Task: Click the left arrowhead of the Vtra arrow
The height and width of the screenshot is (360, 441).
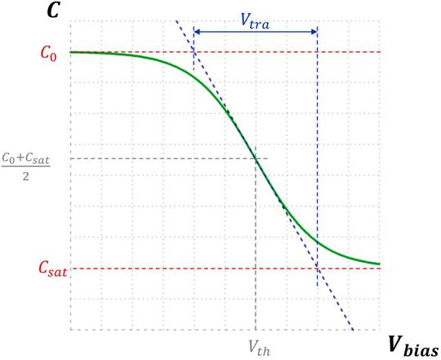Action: pos(197,32)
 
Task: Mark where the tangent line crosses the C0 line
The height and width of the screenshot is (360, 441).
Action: pos(194,52)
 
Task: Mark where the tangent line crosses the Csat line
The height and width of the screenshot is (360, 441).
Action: pos(317,269)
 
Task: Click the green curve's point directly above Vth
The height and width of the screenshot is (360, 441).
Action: pos(256,158)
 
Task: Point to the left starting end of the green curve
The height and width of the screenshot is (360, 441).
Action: pos(72,52)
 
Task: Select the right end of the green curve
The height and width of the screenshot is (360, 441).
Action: pos(380,264)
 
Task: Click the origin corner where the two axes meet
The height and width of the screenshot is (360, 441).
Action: pos(71,330)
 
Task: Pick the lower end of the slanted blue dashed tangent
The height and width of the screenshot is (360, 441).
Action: pos(352,330)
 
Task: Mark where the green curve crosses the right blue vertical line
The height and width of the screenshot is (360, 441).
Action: pos(317,242)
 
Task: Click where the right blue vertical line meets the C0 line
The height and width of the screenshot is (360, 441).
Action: pos(317,52)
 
